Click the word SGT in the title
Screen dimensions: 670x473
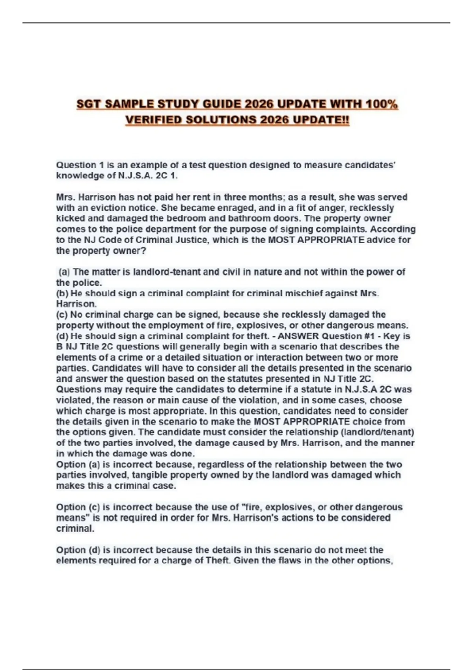[89, 104]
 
